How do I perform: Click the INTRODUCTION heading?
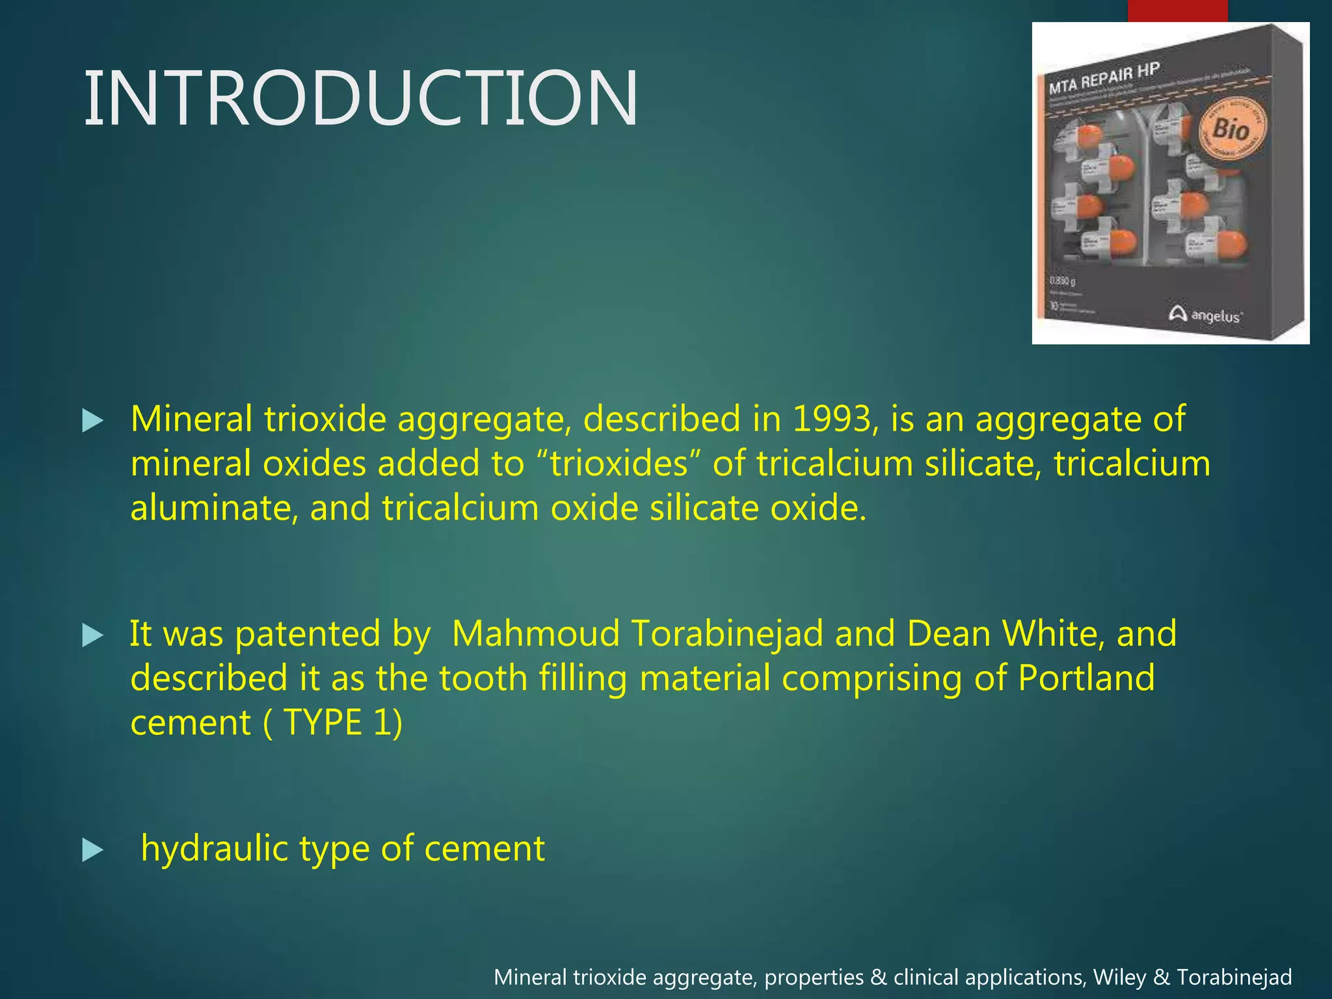point(361,99)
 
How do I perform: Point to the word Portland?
point(1086,678)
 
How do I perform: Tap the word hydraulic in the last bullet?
point(214,849)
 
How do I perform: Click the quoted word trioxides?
point(619,464)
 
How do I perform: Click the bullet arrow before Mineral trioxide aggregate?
point(93,421)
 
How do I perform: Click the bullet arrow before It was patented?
point(93,636)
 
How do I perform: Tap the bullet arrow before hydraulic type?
point(93,850)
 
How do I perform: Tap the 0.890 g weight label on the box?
point(1063,281)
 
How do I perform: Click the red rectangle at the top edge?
point(1177,10)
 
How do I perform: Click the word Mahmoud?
point(535,633)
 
